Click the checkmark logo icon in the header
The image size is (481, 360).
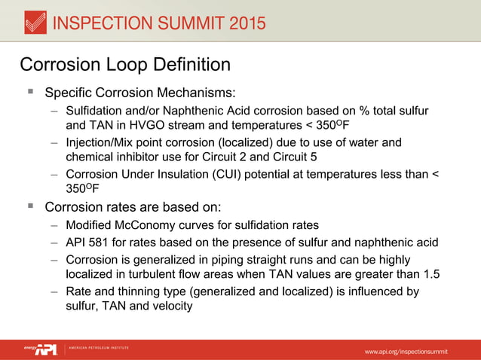[32, 22]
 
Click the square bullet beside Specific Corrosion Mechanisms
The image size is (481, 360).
[30, 93]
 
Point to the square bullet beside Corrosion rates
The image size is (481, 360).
[30, 205]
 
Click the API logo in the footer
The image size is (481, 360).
[46, 349]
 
